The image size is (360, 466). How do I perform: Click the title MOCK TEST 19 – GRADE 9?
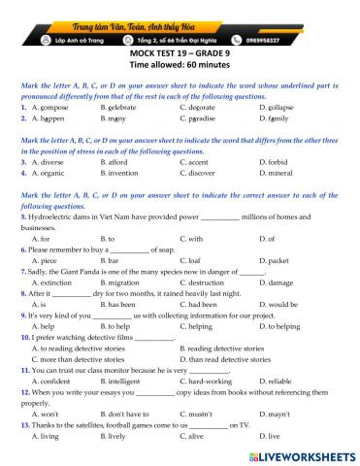(x=180, y=52)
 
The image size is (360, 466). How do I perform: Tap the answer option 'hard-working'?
(x=211, y=381)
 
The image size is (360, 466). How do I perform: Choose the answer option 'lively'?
(x=124, y=435)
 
